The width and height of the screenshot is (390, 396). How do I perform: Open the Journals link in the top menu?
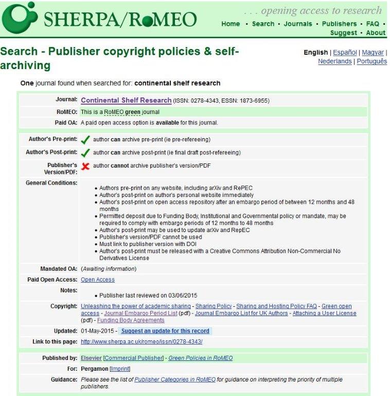tap(297, 24)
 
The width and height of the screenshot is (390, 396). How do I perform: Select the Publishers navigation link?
tap(339, 24)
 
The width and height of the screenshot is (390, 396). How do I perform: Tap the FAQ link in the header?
tap(373, 24)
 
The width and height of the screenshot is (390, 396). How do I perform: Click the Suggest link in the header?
tap(343, 33)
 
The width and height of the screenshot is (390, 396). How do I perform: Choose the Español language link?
tap(345, 53)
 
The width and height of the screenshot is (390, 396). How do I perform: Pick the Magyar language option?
tap(373, 53)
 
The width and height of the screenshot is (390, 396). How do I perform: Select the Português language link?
tap(371, 61)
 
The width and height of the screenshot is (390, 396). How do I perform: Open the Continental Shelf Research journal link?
tap(126, 101)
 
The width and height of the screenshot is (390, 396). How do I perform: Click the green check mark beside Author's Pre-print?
tap(85, 140)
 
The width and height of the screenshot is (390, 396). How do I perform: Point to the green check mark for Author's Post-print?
tap(85, 153)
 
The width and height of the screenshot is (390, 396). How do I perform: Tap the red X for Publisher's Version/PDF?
tap(85, 166)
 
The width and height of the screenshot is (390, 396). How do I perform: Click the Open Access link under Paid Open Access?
tap(98, 279)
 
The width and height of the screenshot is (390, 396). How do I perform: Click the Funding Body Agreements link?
tap(135, 320)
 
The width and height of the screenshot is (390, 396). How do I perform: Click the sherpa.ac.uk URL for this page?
tap(141, 341)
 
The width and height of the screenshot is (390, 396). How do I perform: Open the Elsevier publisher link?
tap(91, 358)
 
